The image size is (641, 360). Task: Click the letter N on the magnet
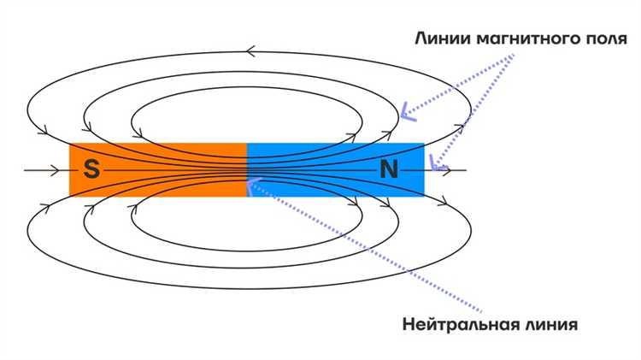[389, 170]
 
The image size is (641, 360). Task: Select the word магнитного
[520, 38]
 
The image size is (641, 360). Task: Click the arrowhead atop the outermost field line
[250, 52]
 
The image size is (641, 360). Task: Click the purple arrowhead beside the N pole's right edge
[438, 162]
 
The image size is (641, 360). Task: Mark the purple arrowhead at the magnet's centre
[250, 183]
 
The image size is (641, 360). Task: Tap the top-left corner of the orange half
[70, 144]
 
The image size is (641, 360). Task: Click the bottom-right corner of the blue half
[424, 195]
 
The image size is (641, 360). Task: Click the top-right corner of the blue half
[424, 144]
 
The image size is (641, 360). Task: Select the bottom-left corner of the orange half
[70, 195]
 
